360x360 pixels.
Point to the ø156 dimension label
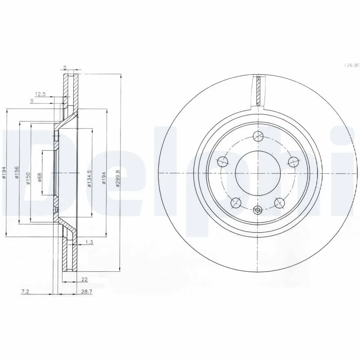click(x=17, y=173)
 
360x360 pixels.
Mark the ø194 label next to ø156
click(x=4, y=173)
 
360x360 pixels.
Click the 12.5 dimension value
click(x=40, y=94)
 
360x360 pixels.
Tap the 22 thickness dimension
click(x=85, y=279)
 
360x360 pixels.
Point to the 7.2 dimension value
click(x=25, y=292)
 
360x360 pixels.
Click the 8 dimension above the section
click(x=66, y=67)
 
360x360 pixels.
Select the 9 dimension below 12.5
click(x=31, y=101)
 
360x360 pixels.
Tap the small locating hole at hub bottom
click(x=257, y=210)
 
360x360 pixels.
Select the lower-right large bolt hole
click(x=279, y=203)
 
